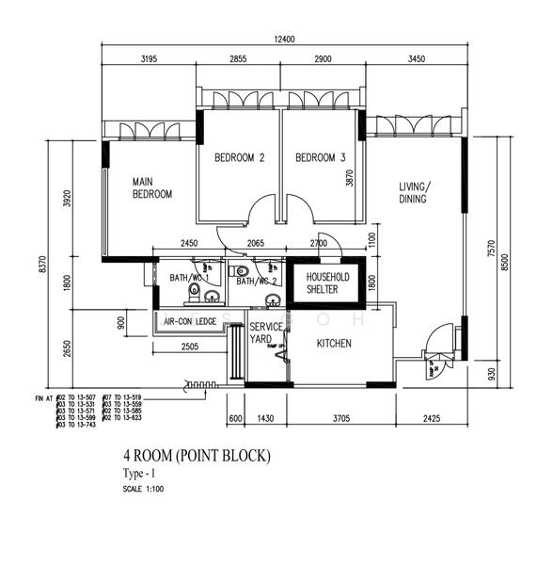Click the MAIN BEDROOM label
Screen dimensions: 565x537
click(x=151, y=187)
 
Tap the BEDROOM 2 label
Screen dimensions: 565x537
click(x=239, y=158)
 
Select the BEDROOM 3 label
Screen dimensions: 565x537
click(x=321, y=158)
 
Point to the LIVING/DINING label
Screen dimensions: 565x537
click(x=413, y=192)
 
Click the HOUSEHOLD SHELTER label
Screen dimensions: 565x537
click(x=323, y=283)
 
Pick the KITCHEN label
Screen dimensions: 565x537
click(x=334, y=344)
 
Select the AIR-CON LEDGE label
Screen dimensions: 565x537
click(x=190, y=322)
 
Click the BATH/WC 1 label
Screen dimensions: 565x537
click(x=188, y=278)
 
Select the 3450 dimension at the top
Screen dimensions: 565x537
click(x=416, y=58)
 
